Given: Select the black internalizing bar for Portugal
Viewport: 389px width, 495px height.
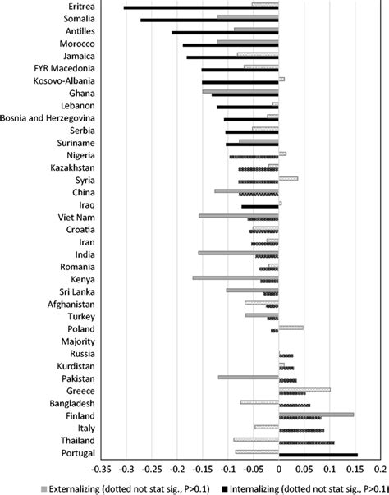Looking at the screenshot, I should (x=318, y=455).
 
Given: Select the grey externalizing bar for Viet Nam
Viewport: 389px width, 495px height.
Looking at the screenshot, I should (x=239, y=215).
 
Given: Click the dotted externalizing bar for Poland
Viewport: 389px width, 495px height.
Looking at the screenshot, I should (x=291, y=328).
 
